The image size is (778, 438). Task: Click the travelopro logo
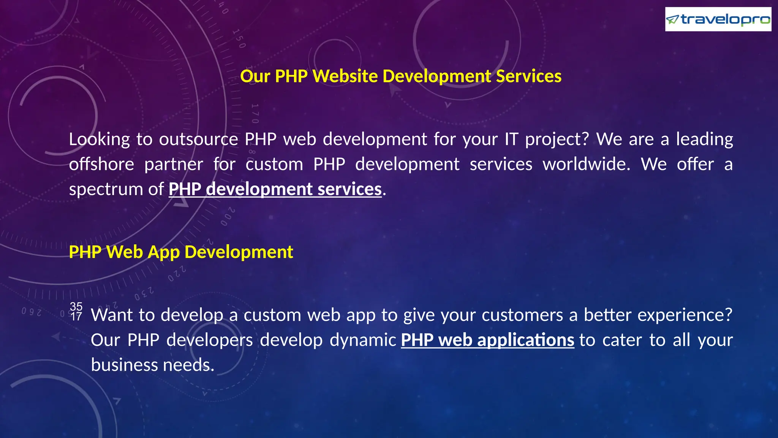718,19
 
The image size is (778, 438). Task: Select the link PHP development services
275,189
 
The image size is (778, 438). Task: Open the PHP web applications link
487,340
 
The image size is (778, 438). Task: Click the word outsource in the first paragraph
198,139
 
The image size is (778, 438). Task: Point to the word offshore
101,164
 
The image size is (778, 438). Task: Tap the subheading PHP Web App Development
181,252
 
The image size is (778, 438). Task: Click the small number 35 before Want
76,306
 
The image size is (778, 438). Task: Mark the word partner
174,164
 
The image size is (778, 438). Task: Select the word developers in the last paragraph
210,340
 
